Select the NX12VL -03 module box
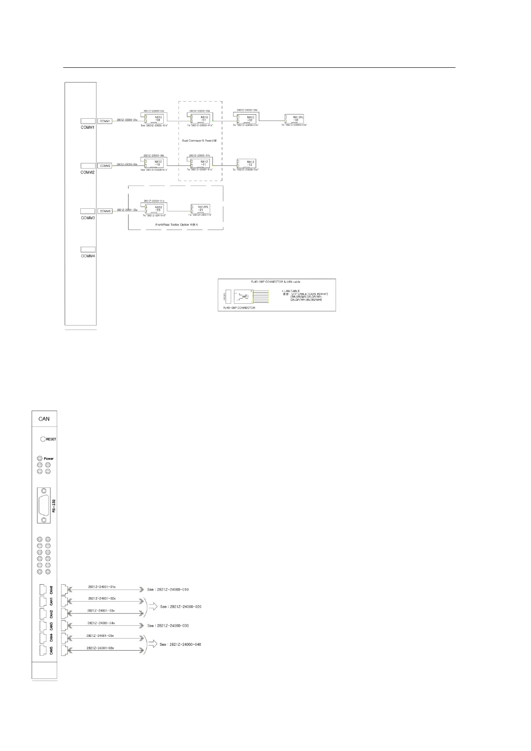294,120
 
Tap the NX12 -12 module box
247,164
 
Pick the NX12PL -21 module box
200,209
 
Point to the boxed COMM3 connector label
105,211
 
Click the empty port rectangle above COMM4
88,250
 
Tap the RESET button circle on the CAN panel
43,439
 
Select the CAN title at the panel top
44,419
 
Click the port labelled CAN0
43,590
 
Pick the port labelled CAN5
43,651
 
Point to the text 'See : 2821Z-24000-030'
168,626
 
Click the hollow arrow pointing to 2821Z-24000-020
153,607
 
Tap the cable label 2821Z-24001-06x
100,648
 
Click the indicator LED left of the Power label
39,458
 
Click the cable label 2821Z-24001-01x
102,587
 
